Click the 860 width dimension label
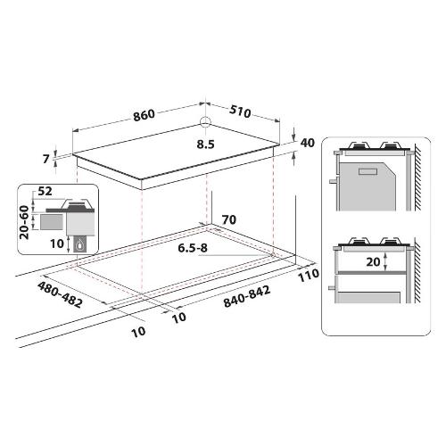click(144, 115)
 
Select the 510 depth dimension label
click(240, 111)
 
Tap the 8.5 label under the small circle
click(205, 145)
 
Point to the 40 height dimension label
click(307, 143)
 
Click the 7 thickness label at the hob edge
click(45, 159)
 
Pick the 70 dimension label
click(229, 219)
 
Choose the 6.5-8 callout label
click(193, 248)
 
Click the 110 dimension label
click(309, 275)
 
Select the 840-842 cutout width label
click(247, 296)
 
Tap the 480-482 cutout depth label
click(60, 294)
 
